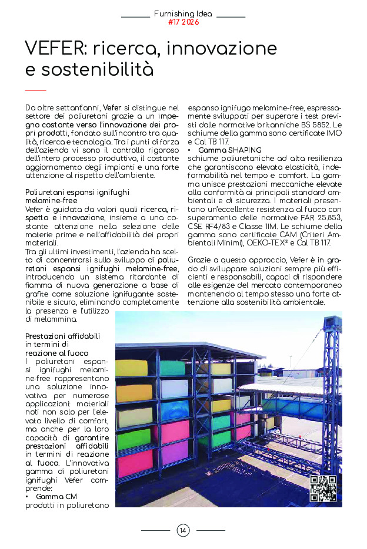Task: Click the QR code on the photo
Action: (323, 489)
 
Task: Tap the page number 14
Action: (183, 531)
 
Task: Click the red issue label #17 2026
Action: (183, 22)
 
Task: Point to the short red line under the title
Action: (36, 90)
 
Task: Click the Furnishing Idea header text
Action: (183, 14)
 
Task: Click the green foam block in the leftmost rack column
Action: (134, 438)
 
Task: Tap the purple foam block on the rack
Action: (175, 453)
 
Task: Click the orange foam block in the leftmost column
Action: (134, 392)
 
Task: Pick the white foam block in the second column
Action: (175, 388)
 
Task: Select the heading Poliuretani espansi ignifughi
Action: (77, 193)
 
